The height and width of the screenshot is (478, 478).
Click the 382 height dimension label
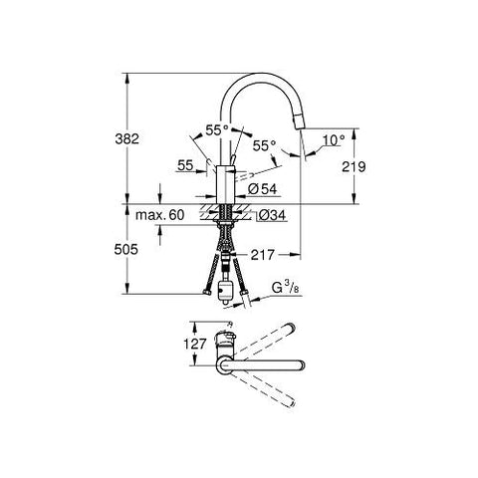(x=126, y=138)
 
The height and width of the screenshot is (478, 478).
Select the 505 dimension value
(x=125, y=249)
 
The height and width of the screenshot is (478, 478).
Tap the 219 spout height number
(x=354, y=166)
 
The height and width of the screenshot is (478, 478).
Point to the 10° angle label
(x=334, y=140)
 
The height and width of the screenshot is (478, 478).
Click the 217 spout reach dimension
(x=263, y=255)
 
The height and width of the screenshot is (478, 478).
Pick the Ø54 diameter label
(x=262, y=189)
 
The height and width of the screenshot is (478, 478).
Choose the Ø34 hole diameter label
(x=272, y=215)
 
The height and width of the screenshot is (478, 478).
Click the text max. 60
(x=159, y=215)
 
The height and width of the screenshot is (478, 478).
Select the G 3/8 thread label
(x=286, y=288)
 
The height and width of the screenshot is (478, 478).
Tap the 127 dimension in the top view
(x=195, y=344)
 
